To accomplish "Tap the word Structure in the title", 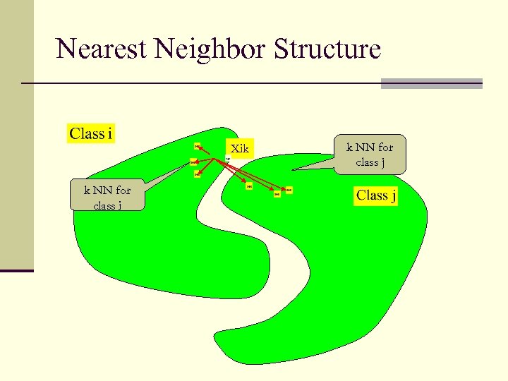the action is [327, 49].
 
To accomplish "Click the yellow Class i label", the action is [92, 133].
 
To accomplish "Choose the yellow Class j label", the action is [376, 195].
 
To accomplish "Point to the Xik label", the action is [240, 149].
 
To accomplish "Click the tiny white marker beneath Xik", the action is [227, 159].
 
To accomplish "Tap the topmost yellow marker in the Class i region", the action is [197, 146].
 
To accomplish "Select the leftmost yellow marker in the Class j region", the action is [249, 187].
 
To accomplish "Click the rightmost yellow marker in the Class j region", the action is [287, 190].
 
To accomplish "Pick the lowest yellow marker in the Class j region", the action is [277, 195].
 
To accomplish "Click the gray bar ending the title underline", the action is [431, 83].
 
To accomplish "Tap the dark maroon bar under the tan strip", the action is [17, 270].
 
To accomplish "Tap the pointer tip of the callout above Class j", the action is [294, 169].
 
